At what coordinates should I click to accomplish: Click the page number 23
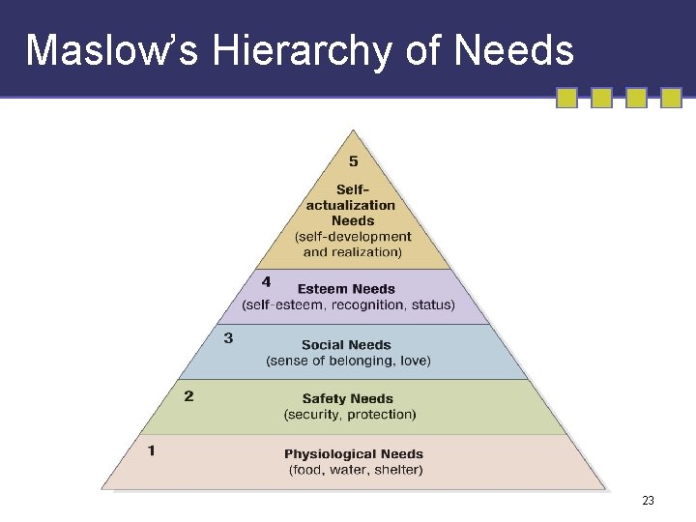click(x=648, y=501)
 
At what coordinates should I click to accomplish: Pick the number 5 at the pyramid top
click(x=354, y=161)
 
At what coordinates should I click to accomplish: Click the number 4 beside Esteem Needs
click(x=266, y=282)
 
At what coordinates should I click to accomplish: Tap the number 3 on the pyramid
click(x=228, y=338)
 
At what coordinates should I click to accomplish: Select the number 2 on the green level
click(x=188, y=395)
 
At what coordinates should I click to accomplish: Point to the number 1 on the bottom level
click(x=152, y=449)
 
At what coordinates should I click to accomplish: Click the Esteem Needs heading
click(x=346, y=289)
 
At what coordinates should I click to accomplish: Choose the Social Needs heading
click(x=346, y=345)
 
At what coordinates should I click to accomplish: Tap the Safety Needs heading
click(x=348, y=399)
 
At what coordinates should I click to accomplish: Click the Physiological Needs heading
click(x=354, y=454)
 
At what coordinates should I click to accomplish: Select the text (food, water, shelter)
click(x=356, y=471)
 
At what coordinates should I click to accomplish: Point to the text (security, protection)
click(x=350, y=415)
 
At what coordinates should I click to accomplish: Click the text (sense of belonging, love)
click(x=348, y=361)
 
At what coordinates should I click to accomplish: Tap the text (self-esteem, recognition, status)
click(x=348, y=305)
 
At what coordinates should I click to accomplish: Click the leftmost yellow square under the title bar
click(x=567, y=98)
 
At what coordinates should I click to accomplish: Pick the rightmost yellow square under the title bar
click(x=671, y=98)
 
